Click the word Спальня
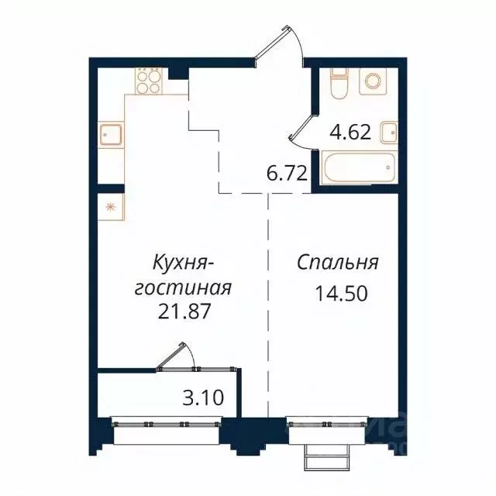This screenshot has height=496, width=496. (337, 262)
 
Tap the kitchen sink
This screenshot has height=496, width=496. (109, 135)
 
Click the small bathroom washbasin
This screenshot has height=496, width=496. (391, 132)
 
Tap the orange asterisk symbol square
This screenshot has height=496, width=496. (109, 206)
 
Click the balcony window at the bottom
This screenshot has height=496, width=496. (166, 424)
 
